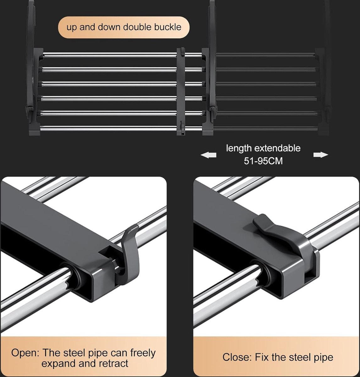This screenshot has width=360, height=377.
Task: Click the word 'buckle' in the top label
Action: point(168,27)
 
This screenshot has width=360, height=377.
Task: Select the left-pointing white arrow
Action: point(208,155)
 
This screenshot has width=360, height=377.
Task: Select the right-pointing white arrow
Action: point(321,155)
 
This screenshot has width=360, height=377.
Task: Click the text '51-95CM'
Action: point(263,161)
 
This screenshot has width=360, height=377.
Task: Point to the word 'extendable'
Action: point(277,148)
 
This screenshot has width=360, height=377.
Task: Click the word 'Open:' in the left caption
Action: point(25,353)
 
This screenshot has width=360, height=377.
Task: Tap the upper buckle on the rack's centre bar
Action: point(183,52)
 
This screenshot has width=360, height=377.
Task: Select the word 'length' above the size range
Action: point(239,148)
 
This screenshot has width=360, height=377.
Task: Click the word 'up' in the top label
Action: point(72,27)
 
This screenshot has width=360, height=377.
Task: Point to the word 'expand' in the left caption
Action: point(58,363)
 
